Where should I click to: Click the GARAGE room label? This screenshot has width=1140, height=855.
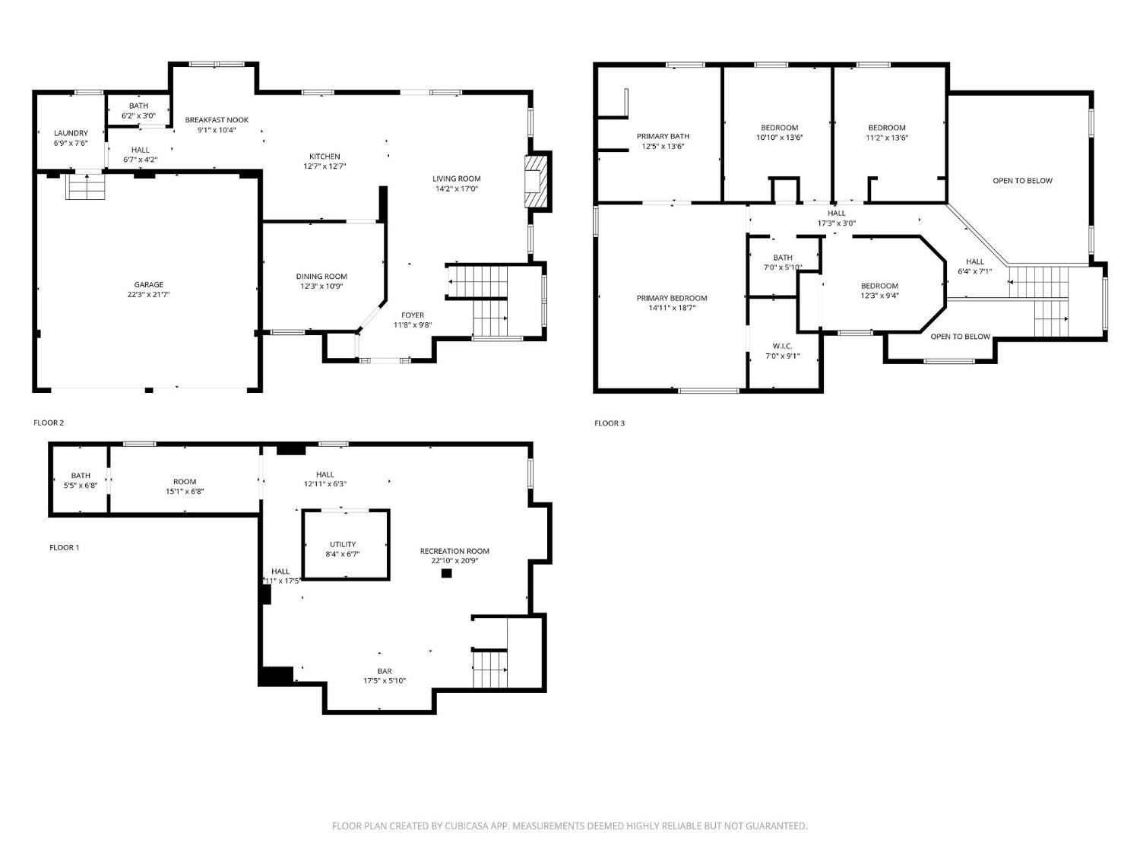tap(148, 284)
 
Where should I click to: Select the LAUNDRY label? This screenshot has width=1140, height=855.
tap(71, 133)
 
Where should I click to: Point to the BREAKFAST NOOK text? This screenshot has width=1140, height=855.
tap(217, 120)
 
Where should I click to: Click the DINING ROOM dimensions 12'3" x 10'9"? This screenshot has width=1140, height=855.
tap(321, 286)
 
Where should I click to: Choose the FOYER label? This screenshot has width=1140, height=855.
tap(413, 315)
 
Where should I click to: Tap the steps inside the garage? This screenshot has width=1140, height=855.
tap(86, 186)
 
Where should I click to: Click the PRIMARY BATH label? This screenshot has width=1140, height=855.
tap(663, 137)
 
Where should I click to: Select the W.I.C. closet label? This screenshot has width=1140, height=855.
tap(782, 347)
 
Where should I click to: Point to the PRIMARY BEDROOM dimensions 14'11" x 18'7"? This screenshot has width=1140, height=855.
tap(672, 308)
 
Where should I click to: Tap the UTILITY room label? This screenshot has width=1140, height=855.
tap(343, 544)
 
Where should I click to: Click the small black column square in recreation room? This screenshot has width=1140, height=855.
tap(446, 573)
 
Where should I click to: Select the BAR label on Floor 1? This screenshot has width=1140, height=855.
tap(385, 671)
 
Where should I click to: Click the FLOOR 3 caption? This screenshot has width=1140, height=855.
tap(610, 423)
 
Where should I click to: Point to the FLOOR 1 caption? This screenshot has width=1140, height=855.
tap(65, 547)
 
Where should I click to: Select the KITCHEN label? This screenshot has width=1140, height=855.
tap(325, 157)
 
